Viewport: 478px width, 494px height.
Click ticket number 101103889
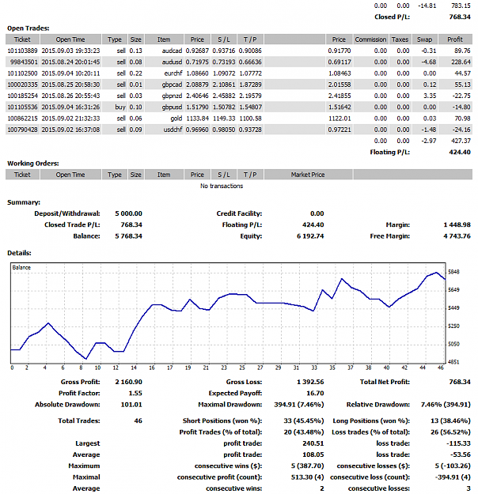click(22, 51)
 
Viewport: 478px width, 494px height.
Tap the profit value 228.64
click(461, 62)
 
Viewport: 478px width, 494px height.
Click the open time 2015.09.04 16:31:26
click(70, 107)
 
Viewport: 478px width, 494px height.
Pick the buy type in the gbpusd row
click(120, 107)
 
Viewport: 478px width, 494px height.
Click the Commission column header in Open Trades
click(370, 40)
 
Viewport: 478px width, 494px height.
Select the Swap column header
click(424, 40)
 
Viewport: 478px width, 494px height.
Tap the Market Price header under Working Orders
click(308, 175)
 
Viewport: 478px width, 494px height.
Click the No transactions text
click(222, 186)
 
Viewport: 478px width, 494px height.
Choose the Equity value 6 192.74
click(310, 236)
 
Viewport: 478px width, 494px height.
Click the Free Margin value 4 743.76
click(457, 236)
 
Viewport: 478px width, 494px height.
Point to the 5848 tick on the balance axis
click(453, 272)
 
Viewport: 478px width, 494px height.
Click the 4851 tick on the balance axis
click(453, 362)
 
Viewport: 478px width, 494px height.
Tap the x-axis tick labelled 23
click(224, 368)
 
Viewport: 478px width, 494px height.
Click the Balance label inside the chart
click(21, 267)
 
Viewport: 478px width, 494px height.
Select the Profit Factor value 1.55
click(135, 393)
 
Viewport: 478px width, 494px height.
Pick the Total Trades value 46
click(138, 421)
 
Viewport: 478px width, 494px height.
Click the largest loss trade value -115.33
click(458, 443)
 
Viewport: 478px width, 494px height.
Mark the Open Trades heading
click(28, 28)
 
